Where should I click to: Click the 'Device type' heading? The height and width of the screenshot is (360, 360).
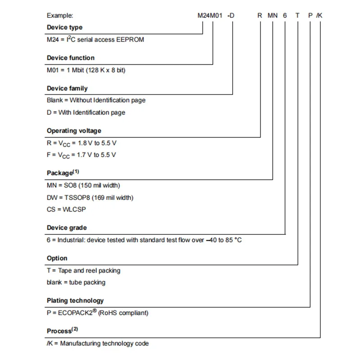coord(64,27)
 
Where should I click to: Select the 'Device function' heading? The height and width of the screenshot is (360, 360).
coord(71,58)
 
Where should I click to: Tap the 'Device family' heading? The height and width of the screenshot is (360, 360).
coord(67,89)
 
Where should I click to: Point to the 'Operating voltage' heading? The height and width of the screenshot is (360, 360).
coord(74,131)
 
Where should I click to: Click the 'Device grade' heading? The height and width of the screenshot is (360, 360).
coord(67,228)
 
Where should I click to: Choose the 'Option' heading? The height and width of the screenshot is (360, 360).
coord(57,258)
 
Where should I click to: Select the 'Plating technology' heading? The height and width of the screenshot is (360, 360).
coord(75,301)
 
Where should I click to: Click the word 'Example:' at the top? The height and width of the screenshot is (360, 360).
coord(59,15)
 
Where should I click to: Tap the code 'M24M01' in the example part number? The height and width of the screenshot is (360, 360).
coord(211,15)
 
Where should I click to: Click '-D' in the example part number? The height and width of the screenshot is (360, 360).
coord(231,15)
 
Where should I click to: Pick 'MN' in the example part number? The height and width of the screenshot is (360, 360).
coord(273,15)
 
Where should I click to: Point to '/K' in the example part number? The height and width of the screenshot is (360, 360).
coord(319,15)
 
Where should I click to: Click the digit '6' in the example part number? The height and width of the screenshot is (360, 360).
coord(285,15)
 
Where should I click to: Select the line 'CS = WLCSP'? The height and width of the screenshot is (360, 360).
coord(66,209)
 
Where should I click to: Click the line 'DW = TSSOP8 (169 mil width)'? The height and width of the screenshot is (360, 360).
coord(90,197)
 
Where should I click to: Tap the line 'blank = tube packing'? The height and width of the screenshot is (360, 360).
coord(76,283)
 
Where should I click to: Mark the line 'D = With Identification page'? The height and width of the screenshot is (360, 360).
coord(86,112)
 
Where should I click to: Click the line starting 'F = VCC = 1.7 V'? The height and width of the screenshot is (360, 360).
coord(81,155)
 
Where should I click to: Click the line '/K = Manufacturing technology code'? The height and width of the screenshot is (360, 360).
coord(98,344)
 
